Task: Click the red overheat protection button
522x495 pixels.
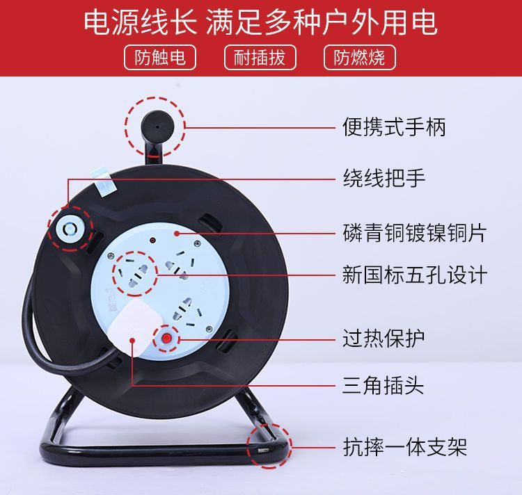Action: (x=166, y=339)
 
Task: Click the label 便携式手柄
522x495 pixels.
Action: (x=394, y=127)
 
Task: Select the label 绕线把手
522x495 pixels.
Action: (x=383, y=178)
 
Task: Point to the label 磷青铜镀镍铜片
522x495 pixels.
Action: (x=415, y=232)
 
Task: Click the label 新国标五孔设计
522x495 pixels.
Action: (x=415, y=275)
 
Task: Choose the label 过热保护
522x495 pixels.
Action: (x=383, y=338)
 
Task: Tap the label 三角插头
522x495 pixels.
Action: (x=383, y=385)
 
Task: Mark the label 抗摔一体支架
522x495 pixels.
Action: (x=404, y=447)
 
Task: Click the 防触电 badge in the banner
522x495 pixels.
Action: (x=160, y=57)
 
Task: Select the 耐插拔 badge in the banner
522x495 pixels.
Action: (x=260, y=57)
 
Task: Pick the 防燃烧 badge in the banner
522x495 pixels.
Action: (x=360, y=57)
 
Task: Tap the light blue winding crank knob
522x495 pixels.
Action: (x=70, y=229)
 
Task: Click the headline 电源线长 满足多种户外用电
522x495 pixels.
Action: (x=260, y=22)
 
